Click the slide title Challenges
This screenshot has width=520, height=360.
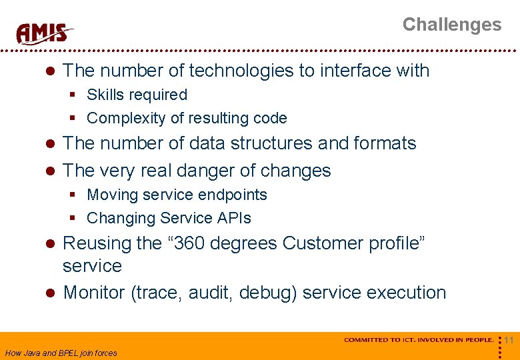coord(451,25)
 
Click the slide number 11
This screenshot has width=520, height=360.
coord(509,341)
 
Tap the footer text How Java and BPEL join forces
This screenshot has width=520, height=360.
coord(61,353)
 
